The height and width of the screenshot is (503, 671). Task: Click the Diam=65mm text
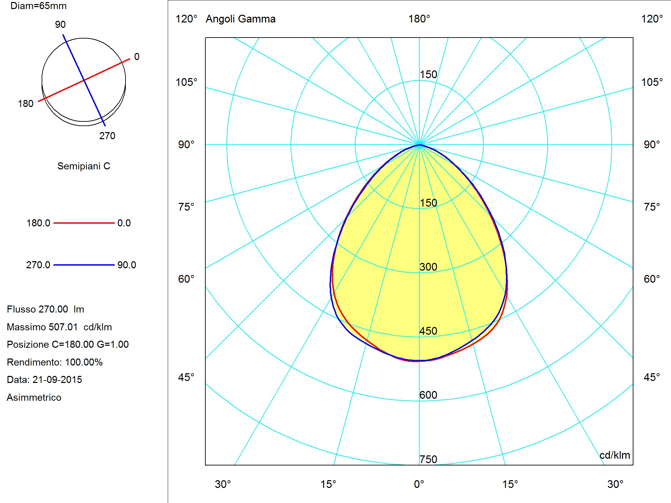[x=39, y=6]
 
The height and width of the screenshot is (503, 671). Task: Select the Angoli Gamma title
[x=241, y=19]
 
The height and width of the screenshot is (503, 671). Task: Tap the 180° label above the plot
[x=419, y=19]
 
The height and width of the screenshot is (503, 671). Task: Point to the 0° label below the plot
[x=419, y=484]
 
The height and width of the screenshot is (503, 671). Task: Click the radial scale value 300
[x=428, y=267]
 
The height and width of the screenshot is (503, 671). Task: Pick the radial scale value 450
[x=428, y=331]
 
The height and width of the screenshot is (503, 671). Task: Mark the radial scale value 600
[x=428, y=395]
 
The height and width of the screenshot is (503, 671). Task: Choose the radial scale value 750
[x=428, y=459]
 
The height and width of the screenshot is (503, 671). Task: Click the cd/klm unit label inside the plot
[x=615, y=455]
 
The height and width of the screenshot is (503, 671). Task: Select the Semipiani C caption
[x=84, y=166]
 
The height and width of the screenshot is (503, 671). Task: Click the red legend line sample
[x=84, y=223]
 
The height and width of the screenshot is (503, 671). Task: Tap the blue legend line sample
[x=84, y=265]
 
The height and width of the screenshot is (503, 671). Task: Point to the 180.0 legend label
[x=38, y=223]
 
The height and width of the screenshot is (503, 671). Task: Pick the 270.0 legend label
[x=38, y=265]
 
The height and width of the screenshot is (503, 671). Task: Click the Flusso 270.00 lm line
[x=46, y=309]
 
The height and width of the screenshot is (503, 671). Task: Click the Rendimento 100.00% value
[x=84, y=362]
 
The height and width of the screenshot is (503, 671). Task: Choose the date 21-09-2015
[x=57, y=380]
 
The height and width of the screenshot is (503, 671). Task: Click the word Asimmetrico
[x=34, y=397]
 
